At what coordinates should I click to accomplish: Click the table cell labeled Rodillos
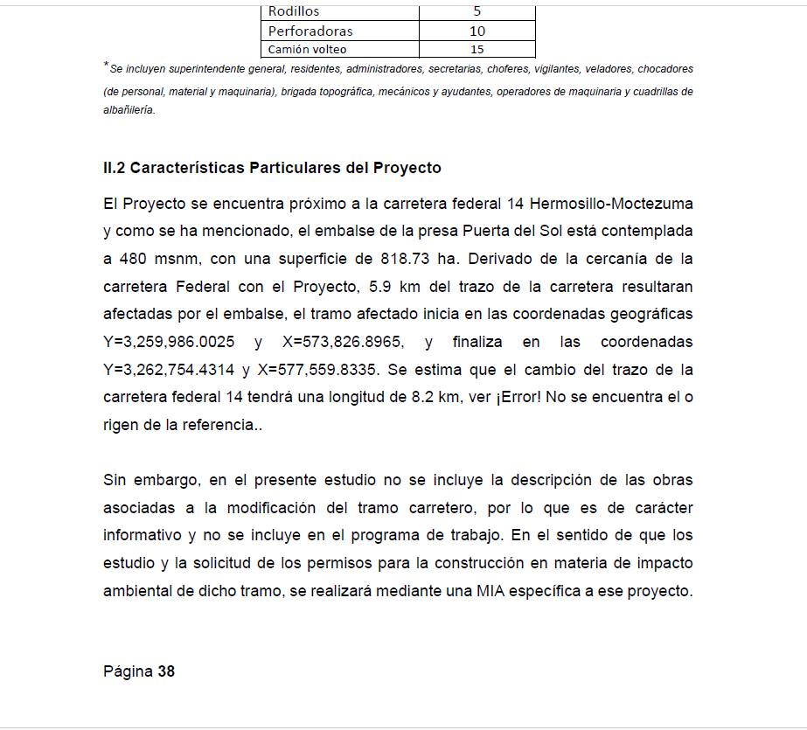pos(294,11)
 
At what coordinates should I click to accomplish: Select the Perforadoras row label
pos(310,31)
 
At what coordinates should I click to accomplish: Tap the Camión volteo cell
pos(307,50)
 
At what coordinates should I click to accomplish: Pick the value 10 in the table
pos(477,31)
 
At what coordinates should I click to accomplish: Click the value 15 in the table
pos(477,50)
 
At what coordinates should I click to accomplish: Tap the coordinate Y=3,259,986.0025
pos(169,342)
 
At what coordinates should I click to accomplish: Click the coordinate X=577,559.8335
pos(318,369)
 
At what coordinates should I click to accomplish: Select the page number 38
pos(166,671)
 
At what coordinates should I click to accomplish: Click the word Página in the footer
pos(128,671)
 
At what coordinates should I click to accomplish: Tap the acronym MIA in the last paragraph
pos(491,590)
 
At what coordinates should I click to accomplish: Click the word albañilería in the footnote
pos(129,110)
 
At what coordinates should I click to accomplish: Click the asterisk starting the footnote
pos(106,66)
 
